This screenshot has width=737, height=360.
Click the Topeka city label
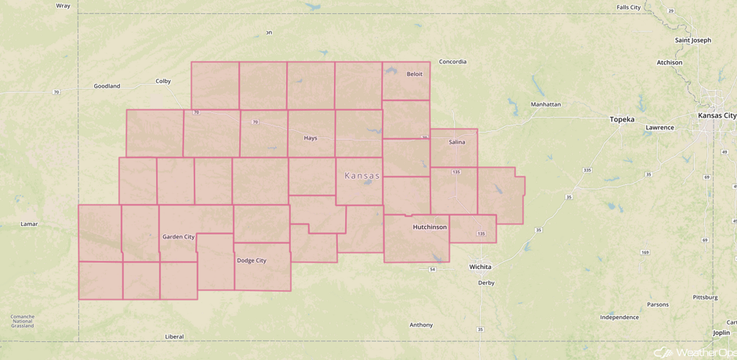622,119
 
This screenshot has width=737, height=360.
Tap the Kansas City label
717,115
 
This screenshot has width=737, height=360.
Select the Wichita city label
480,267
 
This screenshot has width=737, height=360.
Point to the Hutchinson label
430,227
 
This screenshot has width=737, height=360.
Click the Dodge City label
252,260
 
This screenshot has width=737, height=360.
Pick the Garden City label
178,236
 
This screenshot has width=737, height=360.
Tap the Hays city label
310,138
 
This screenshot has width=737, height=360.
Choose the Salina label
457,142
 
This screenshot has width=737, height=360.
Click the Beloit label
415,74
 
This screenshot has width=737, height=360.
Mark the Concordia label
452,62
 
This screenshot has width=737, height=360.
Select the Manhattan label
546,104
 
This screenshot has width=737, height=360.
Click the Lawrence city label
659,127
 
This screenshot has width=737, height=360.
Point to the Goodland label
107,86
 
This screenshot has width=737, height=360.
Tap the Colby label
163,81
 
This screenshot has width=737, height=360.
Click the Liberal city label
174,336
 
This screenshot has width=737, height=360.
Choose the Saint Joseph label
693,40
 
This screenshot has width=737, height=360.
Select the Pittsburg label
705,297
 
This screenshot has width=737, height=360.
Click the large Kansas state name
362,176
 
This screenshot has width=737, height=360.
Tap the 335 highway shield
587,170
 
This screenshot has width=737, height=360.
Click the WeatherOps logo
694,352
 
